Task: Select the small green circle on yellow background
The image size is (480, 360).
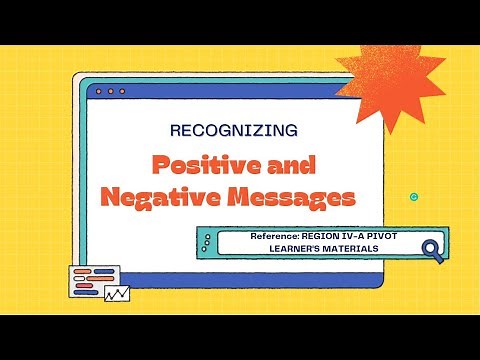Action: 414,196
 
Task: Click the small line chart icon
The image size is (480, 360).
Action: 117,294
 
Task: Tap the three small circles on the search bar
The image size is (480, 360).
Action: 207,241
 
